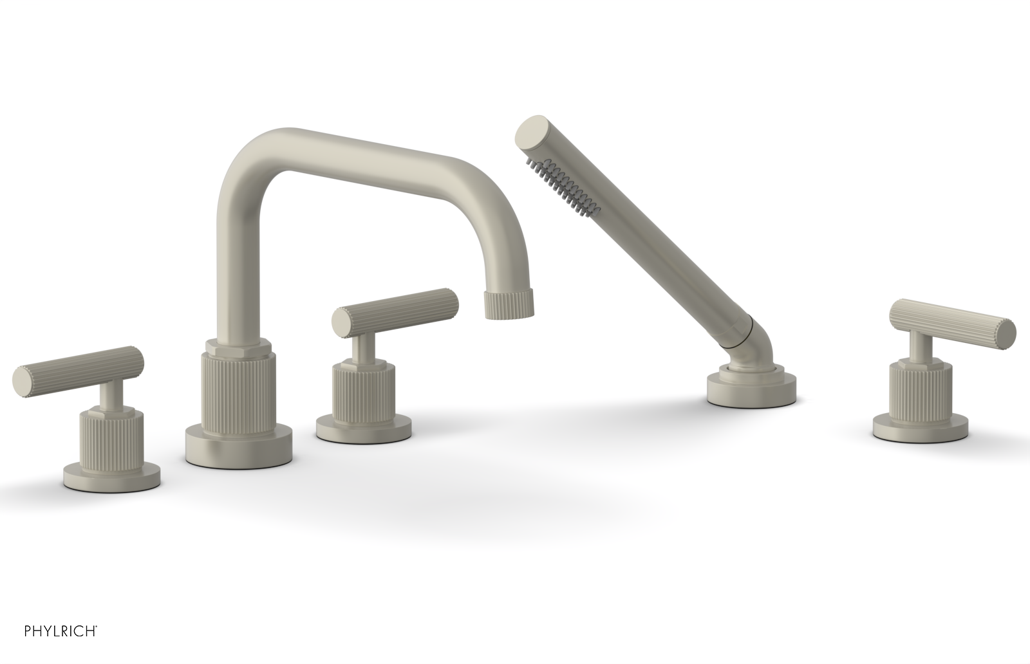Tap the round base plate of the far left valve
pos(112,474)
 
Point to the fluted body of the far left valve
pos(109,437)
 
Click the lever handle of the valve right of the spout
pos(396,312)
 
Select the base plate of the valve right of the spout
pos(364,427)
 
